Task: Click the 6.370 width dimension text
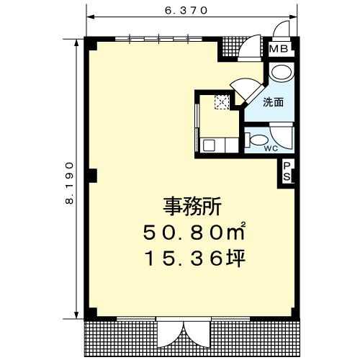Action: click(186, 11)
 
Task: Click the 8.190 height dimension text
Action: click(69, 183)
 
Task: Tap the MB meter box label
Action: click(279, 49)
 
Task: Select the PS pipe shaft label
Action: click(287, 171)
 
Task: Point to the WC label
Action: click(271, 148)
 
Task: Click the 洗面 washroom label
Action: click(274, 102)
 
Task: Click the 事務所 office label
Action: click(192, 207)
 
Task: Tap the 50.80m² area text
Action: click(194, 232)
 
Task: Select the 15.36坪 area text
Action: click(194, 258)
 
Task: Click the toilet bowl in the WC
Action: click(257, 140)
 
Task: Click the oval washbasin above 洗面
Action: click(281, 72)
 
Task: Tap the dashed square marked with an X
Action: click(222, 102)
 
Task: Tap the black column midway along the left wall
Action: click(91, 176)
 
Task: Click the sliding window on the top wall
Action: click(158, 40)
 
